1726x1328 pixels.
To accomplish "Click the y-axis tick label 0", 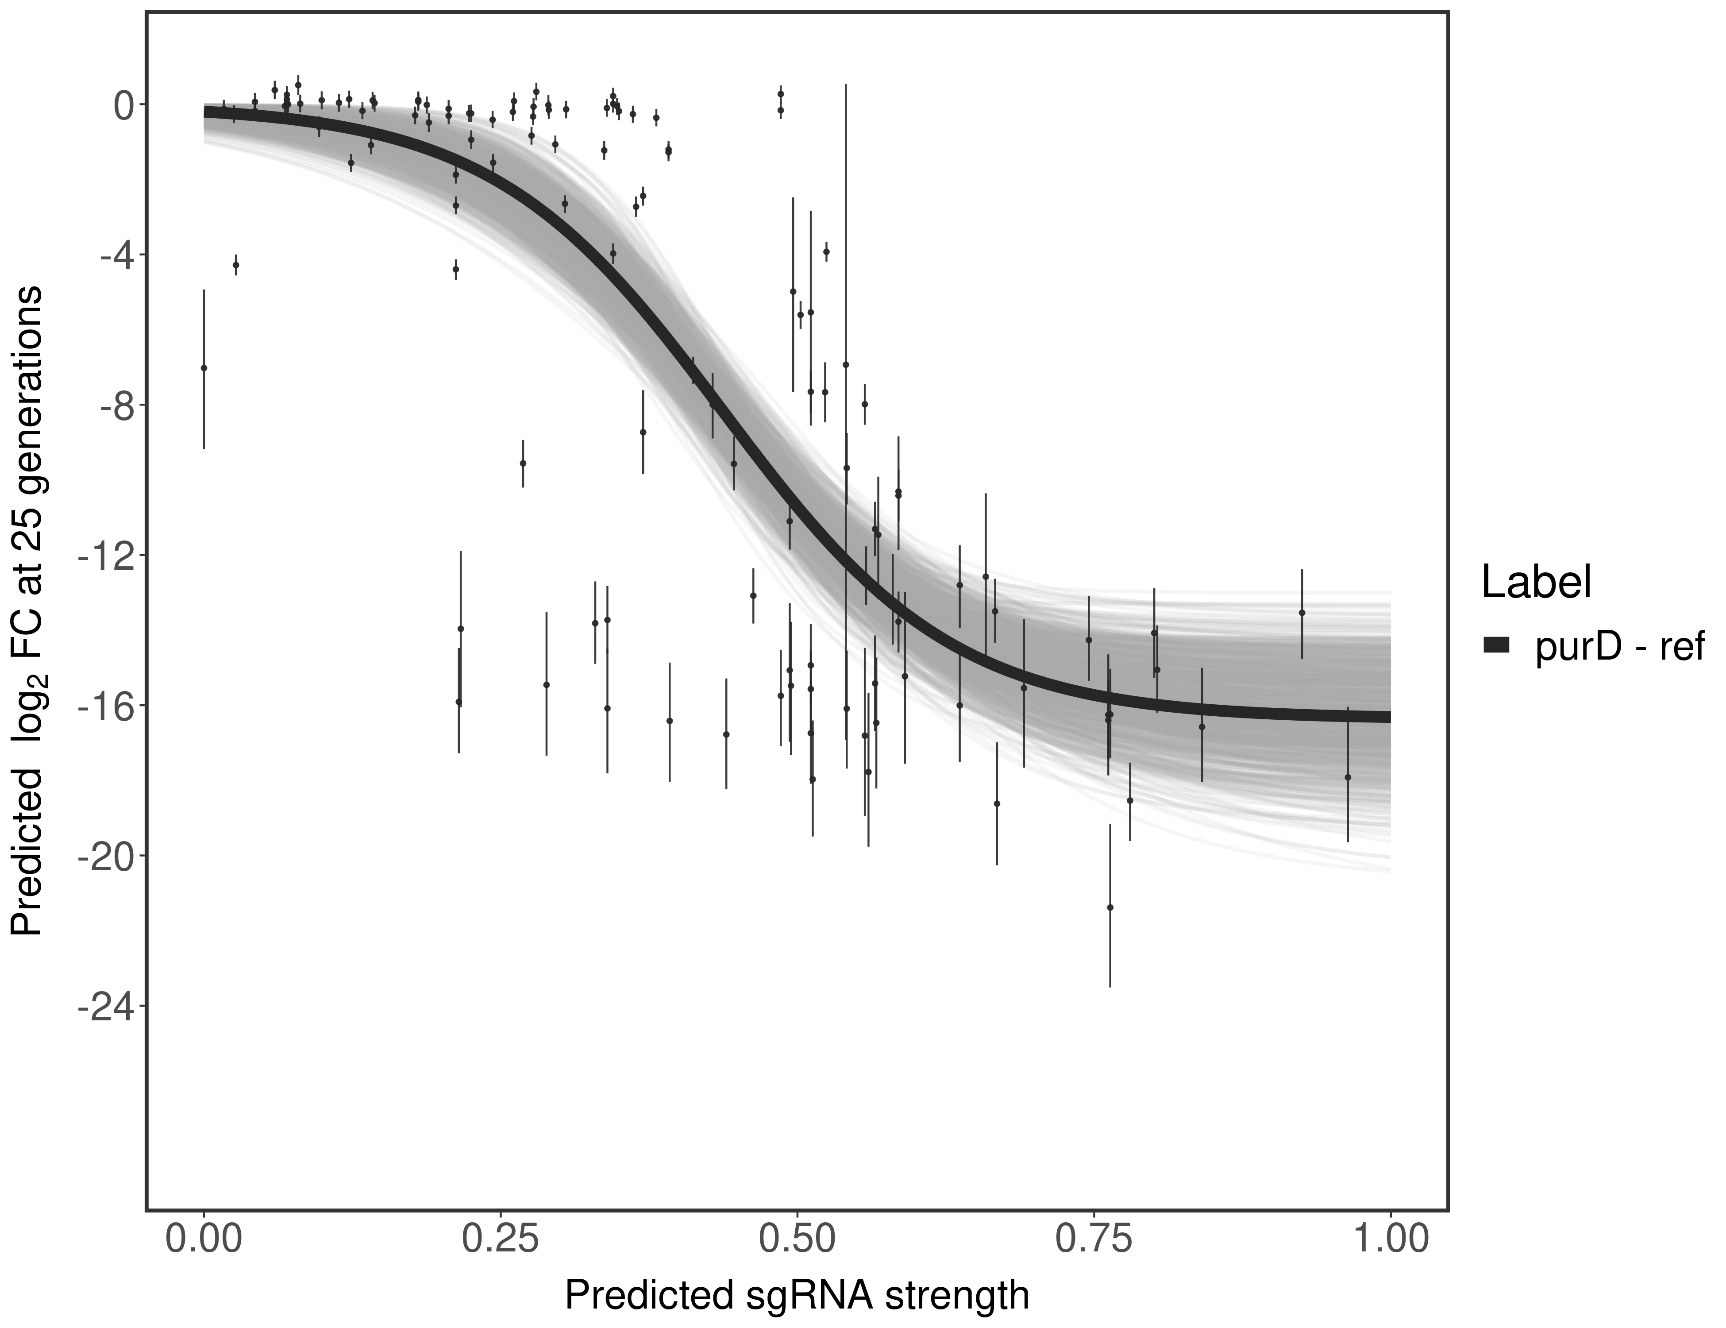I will coord(124,105).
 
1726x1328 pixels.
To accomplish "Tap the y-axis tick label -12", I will coord(103,556).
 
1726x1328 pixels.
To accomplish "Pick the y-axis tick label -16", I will coord(103,706).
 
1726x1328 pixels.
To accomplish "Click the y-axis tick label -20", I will coord(103,856).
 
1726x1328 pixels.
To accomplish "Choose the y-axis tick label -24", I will coord(103,1006).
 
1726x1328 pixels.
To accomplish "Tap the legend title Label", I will coord(1536,583).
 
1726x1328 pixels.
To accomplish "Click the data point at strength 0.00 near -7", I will coord(204,367).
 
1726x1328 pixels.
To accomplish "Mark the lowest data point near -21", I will coord(1110,907).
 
